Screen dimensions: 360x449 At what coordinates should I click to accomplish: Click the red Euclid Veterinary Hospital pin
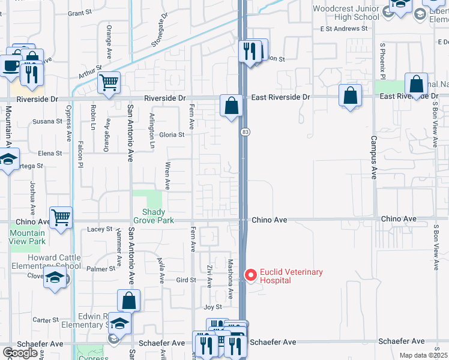(251, 276)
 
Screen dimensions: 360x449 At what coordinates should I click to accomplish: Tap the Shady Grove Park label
(158, 216)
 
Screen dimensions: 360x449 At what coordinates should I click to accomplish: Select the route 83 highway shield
(245, 131)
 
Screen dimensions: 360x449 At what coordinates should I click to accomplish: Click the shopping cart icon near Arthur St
(109, 83)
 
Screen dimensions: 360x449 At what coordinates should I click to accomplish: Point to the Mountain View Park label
(28, 237)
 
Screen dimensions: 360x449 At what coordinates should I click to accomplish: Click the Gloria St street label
(172, 135)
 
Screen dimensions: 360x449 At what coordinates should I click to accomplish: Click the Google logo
(20, 353)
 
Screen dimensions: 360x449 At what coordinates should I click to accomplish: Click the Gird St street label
(186, 280)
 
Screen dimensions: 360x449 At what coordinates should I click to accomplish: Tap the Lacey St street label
(100, 229)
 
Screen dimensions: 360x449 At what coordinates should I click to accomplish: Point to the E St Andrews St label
(343, 28)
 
